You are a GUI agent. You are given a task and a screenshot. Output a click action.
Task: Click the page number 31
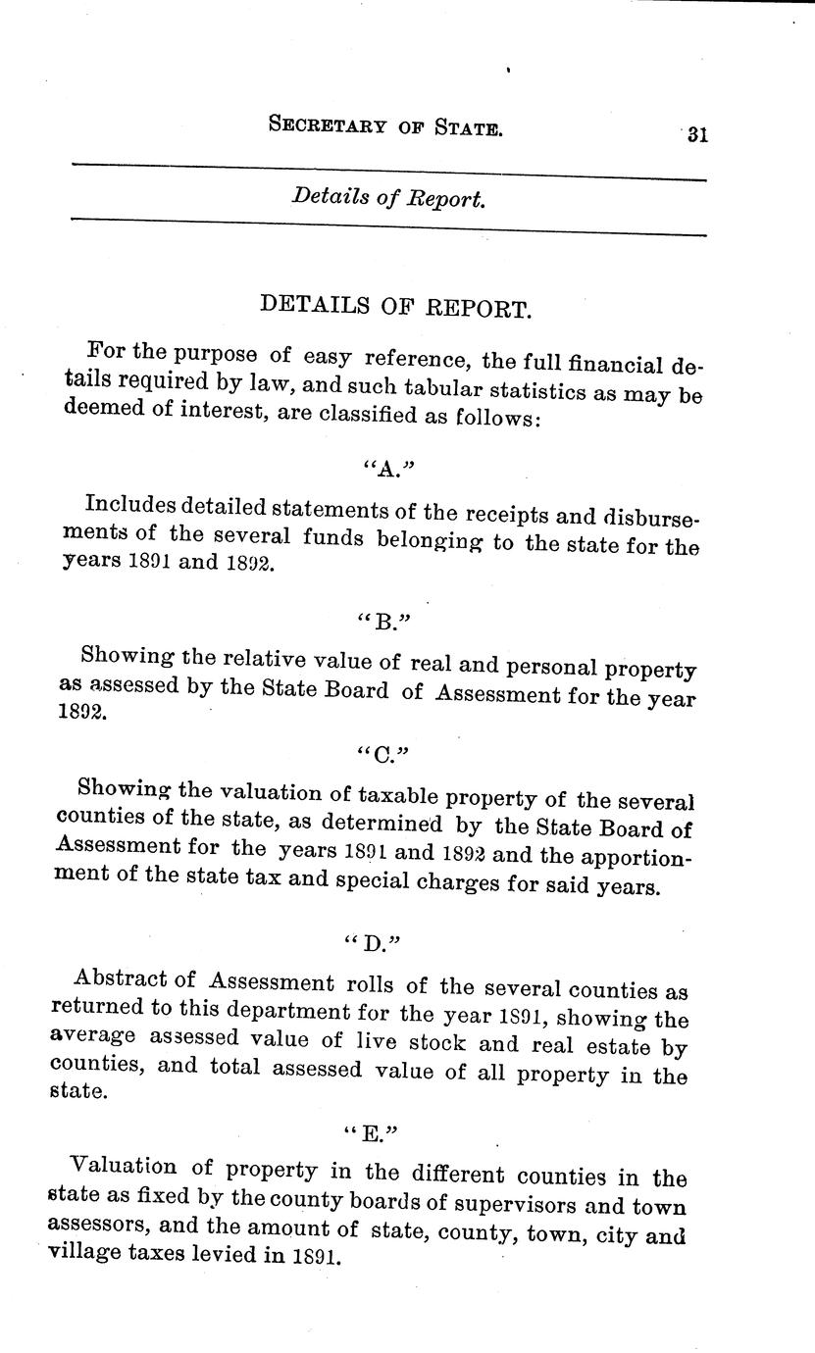697,135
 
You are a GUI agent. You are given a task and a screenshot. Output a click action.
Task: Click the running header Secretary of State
384,125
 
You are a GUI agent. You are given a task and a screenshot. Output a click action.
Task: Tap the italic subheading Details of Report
388,198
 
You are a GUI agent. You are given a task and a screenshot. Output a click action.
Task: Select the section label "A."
377,468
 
